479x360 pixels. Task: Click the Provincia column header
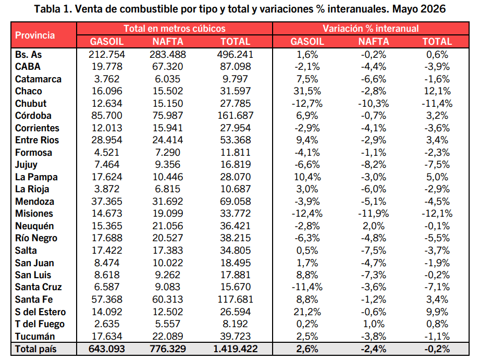coord(35,35)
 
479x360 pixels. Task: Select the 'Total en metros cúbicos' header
coord(175,29)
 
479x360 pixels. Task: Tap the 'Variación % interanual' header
coord(371,29)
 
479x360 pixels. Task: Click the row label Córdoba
coord(33,116)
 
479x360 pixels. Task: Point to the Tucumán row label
coord(35,337)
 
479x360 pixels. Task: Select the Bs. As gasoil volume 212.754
coord(107,55)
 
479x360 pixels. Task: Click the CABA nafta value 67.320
coord(168,67)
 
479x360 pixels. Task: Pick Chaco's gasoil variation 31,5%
coord(307,91)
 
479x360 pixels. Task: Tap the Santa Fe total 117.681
coord(235,300)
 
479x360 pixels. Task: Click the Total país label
coord(36,349)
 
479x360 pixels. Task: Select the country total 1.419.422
coord(235,349)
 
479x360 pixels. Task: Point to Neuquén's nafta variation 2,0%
coord(373,226)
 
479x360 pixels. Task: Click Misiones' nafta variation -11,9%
coord(373,214)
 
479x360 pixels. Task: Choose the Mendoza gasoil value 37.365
coord(107,202)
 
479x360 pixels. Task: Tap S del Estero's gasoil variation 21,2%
coord(307,312)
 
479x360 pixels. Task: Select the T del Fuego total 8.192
coord(235,324)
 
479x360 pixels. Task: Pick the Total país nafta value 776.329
coord(168,349)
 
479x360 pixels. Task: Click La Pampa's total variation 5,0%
coord(437,177)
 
